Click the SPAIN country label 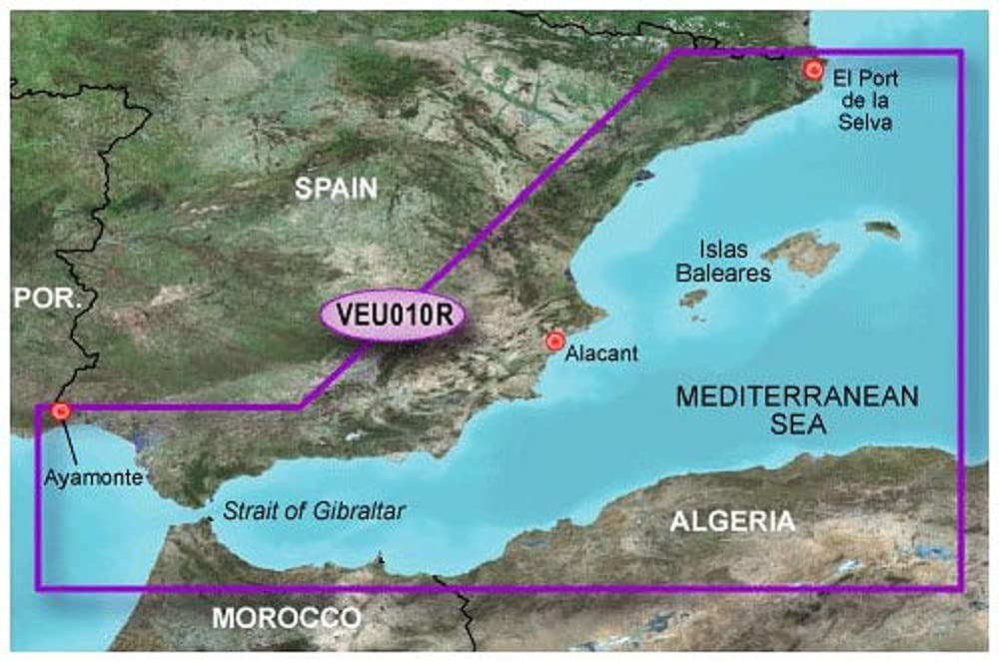[336, 188]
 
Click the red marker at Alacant [554, 340]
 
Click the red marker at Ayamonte [60, 409]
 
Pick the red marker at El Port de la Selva [814, 69]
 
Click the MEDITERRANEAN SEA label [796, 409]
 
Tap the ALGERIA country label [732, 521]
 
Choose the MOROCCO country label [286, 618]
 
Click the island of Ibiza [693, 297]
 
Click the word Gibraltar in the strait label [362, 511]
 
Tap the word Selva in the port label [865, 123]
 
